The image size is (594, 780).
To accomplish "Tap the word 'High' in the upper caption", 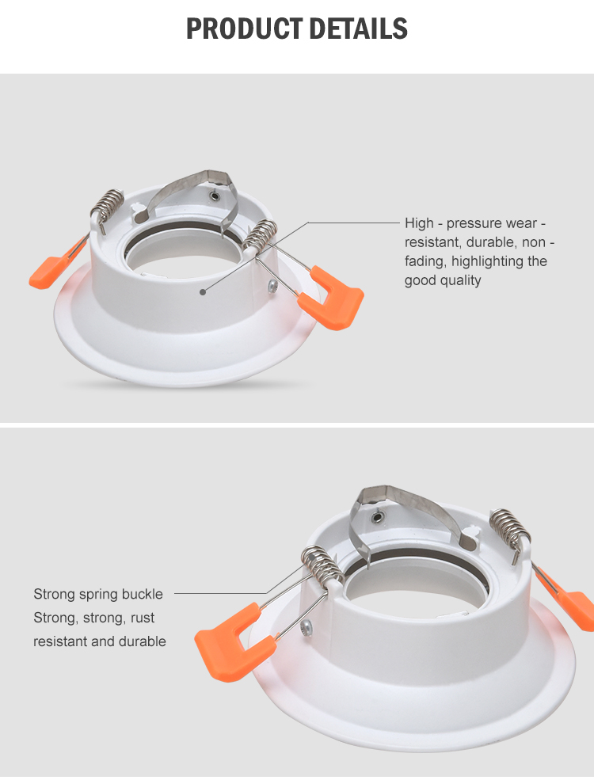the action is click(420, 223).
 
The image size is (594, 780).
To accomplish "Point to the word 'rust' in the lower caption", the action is click(143, 618).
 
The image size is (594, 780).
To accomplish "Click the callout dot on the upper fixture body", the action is click(203, 292).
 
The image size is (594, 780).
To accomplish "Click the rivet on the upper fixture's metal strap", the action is click(215, 195).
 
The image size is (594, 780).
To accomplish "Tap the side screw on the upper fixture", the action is click(272, 286).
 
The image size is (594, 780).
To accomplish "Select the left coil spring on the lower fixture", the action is click(323, 565).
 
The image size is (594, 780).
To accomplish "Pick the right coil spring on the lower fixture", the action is click(509, 527).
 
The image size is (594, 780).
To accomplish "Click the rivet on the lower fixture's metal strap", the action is click(379, 516).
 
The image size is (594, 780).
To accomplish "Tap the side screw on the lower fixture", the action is click(307, 628).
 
